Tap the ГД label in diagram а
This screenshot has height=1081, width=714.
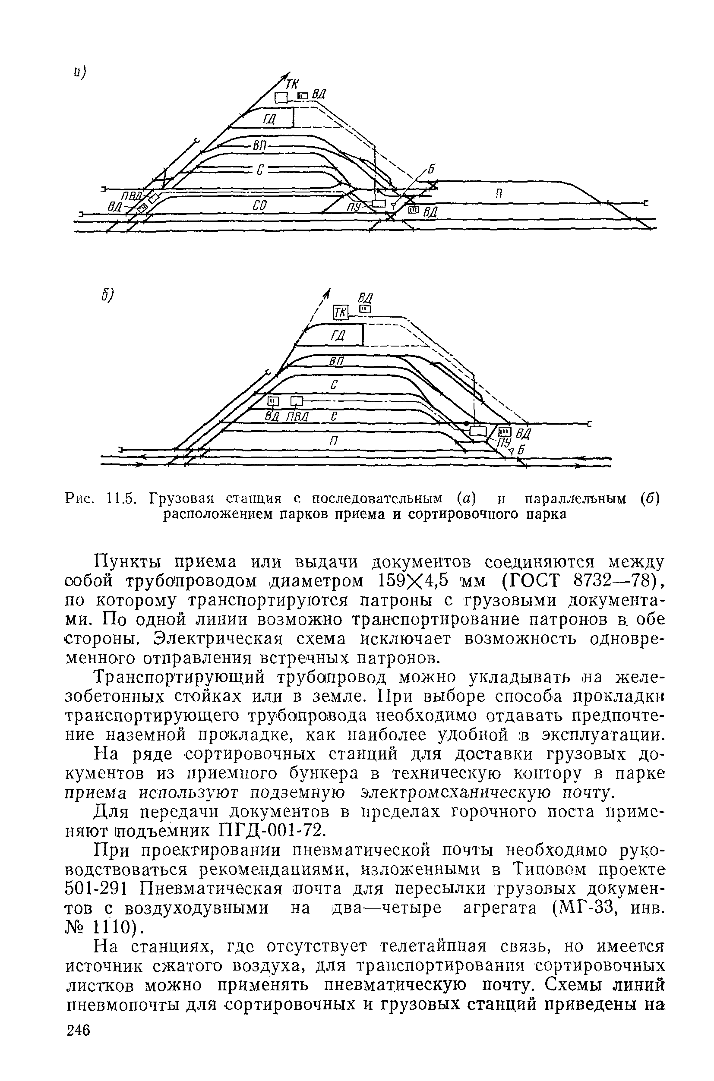tap(269, 119)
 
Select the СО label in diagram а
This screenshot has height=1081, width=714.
tap(259, 206)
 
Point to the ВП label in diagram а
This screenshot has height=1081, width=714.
tap(259, 146)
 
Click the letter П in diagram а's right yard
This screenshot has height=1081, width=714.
tap(499, 193)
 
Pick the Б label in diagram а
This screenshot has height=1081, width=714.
tap(431, 169)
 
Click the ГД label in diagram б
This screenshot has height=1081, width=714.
tap(338, 336)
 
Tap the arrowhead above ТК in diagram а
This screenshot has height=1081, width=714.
tap(287, 75)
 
